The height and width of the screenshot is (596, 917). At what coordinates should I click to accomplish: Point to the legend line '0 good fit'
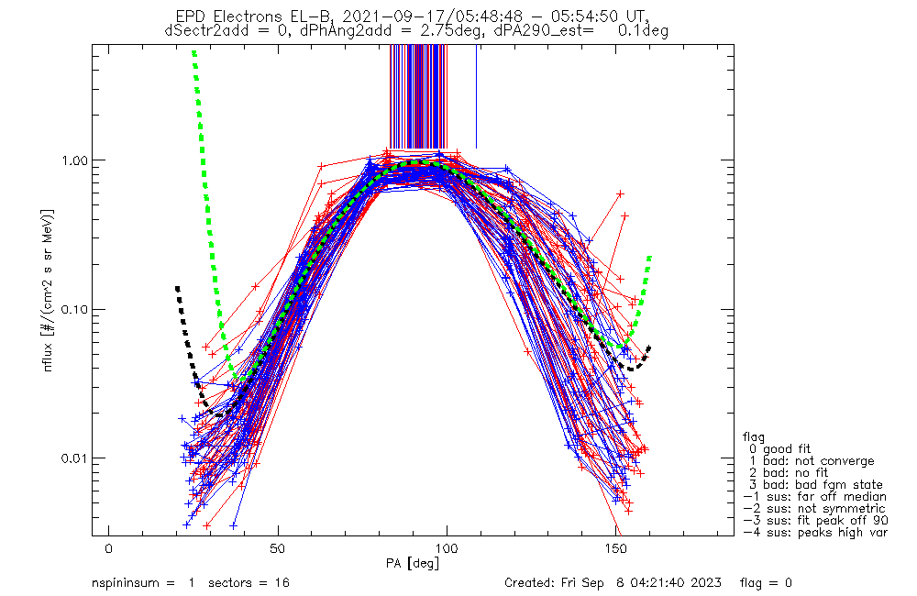point(779,449)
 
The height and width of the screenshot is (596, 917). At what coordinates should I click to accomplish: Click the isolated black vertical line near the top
point(476,96)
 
